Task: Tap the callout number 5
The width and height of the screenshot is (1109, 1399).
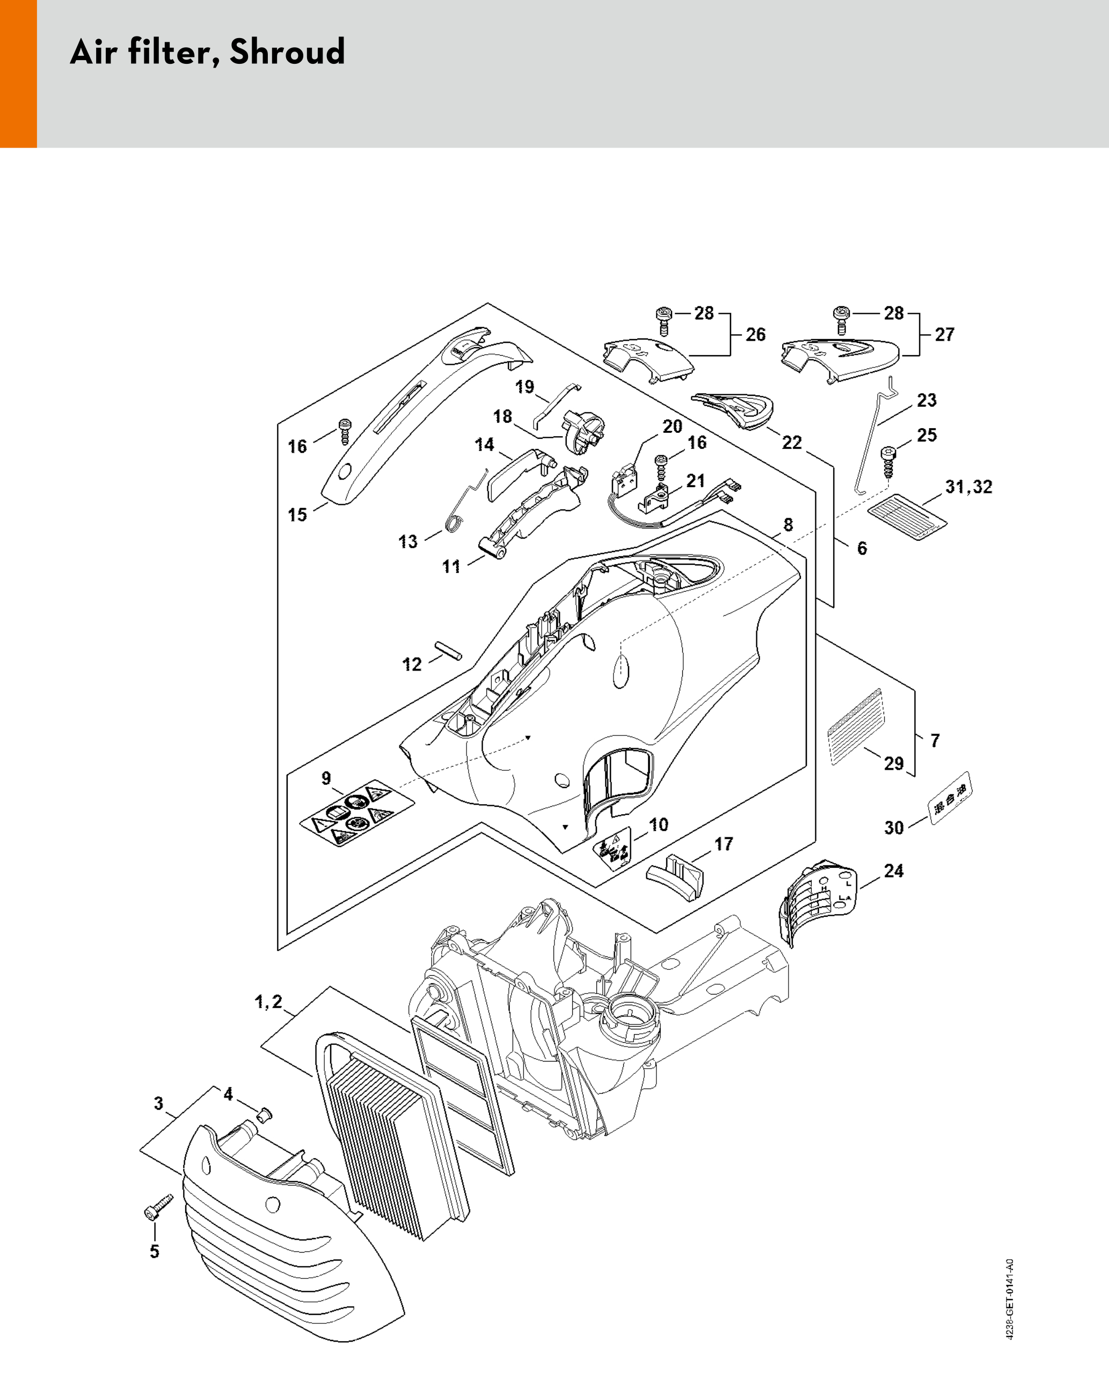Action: tap(155, 1251)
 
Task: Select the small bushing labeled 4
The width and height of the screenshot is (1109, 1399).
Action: tap(264, 1116)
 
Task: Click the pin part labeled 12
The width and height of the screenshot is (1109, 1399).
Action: tap(449, 650)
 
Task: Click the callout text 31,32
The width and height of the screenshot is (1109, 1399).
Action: tap(968, 487)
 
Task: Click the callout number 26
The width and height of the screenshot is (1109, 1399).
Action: tap(755, 334)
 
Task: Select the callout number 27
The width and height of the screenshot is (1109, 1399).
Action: tap(944, 334)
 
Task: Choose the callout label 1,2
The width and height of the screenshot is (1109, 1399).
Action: tap(268, 1002)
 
